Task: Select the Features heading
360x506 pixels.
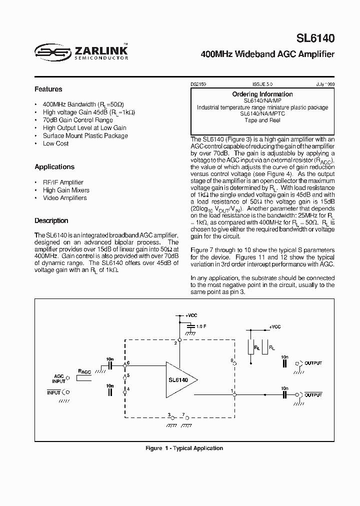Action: pos(48,89)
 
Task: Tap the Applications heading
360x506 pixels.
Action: pos(54,167)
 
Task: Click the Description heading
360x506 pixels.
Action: pos(51,220)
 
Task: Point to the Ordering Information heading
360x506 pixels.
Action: pos(262,94)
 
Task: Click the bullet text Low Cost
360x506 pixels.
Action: pos(55,143)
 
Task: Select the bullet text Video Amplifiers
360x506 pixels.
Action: pos(64,198)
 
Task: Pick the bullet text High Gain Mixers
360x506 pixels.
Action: pos(66,190)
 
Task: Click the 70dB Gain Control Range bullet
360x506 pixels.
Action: pos(77,120)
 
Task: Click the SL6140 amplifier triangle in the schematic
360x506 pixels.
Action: pos(180,380)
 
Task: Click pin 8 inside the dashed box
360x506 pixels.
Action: pos(232,360)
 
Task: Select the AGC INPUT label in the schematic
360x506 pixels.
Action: pos(59,378)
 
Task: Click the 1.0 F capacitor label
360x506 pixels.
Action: pos(201,326)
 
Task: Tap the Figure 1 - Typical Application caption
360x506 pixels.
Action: pos(184,448)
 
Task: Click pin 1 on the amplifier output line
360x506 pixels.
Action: pos(231,390)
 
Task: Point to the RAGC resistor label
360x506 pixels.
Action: pos(84,371)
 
